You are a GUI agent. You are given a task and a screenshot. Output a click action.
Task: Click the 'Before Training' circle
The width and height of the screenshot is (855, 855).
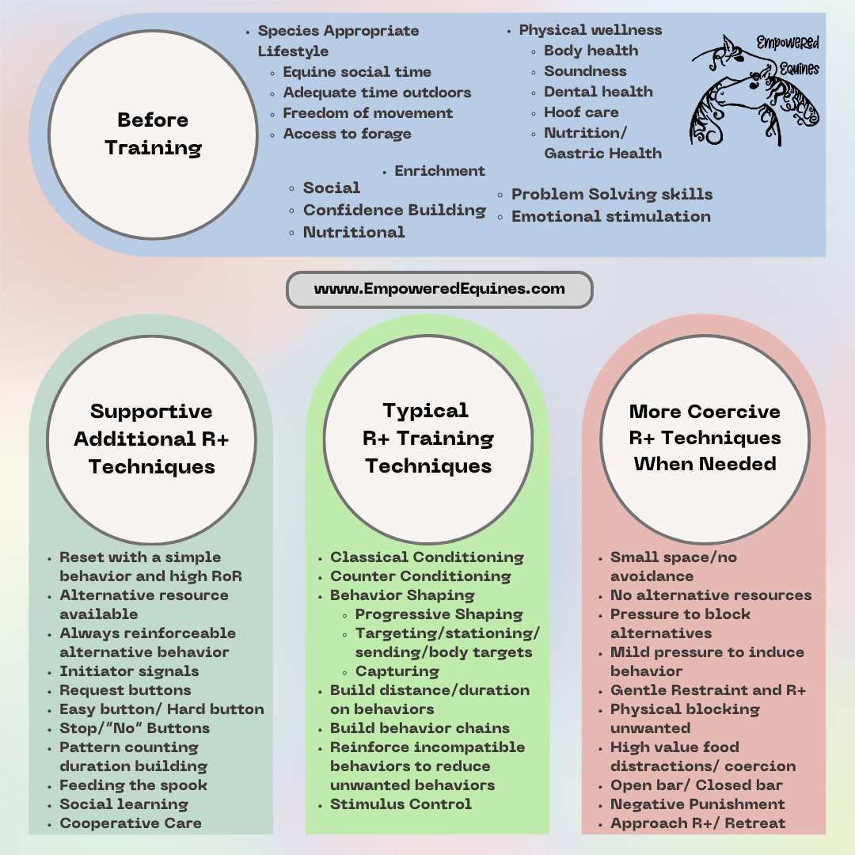[x=153, y=134]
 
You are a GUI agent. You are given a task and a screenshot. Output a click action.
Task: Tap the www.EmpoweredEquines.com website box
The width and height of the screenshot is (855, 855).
[x=439, y=289]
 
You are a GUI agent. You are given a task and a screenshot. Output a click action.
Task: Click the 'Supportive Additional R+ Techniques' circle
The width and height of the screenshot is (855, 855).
[x=151, y=438]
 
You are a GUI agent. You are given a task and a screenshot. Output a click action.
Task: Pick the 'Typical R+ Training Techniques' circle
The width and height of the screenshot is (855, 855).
[x=427, y=438]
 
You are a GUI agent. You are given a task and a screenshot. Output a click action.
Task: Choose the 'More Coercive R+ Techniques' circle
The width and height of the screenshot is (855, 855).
[x=704, y=438]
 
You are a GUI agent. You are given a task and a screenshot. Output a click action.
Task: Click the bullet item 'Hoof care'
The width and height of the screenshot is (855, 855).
[x=581, y=112]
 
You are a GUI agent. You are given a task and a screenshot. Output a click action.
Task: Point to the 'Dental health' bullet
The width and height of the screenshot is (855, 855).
[x=598, y=92]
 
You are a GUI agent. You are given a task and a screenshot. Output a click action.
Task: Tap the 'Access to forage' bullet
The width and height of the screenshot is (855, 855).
[x=347, y=134]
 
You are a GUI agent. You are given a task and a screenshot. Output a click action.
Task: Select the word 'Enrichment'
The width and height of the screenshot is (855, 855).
[x=439, y=171]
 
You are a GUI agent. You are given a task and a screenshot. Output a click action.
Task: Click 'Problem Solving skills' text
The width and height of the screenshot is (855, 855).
[x=612, y=194]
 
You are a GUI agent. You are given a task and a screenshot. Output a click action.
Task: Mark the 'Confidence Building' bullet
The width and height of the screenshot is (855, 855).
[x=394, y=210]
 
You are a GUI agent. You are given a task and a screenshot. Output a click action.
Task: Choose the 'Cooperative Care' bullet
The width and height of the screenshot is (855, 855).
[x=131, y=823]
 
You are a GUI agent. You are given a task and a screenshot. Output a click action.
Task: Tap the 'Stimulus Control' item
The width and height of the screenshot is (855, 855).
[x=401, y=804]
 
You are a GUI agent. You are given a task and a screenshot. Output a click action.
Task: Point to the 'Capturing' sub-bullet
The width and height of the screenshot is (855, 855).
[x=397, y=671]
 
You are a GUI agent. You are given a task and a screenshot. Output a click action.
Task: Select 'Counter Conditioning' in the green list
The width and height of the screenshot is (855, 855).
[x=420, y=576]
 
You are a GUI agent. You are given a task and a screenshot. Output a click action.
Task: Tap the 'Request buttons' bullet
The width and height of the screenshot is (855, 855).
[x=125, y=690]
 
